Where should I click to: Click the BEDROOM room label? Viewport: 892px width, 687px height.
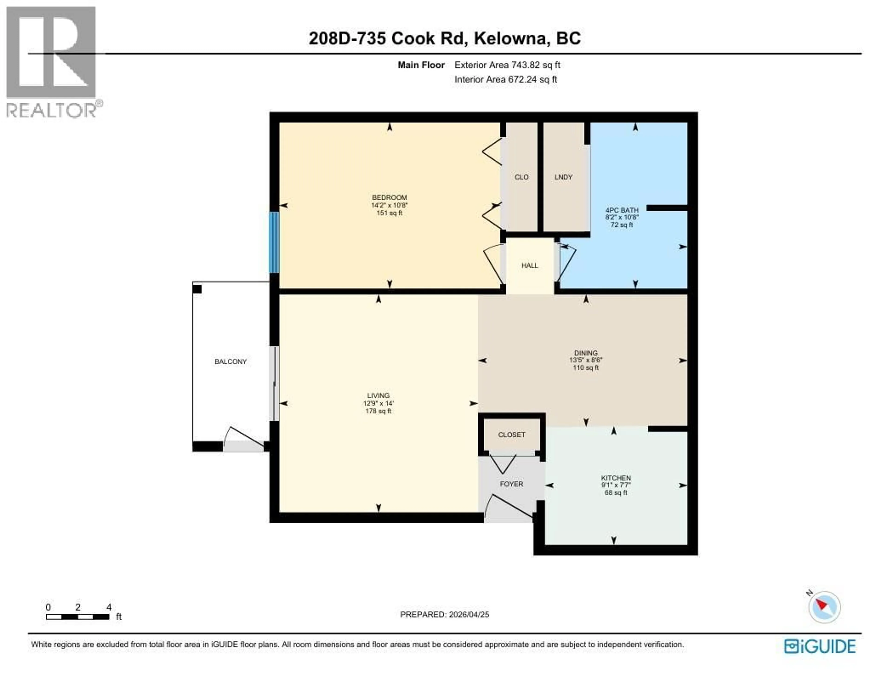(x=389, y=197)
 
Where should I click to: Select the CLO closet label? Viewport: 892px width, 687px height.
(x=521, y=177)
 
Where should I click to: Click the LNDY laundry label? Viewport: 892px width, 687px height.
(x=563, y=177)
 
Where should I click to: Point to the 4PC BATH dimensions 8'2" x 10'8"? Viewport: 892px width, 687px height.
(x=622, y=218)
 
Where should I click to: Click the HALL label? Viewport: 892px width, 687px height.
(x=529, y=265)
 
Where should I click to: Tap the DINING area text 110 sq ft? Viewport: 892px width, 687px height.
(x=586, y=368)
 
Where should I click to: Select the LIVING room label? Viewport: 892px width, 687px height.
(x=378, y=395)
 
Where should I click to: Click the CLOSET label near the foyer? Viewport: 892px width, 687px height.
(x=511, y=435)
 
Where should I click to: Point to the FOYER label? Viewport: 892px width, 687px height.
(x=511, y=484)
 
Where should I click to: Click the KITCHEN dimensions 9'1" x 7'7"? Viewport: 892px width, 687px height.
(x=616, y=485)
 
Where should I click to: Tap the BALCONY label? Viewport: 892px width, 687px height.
(x=230, y=361)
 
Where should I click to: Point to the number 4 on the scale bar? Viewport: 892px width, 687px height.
(x=109, y=607)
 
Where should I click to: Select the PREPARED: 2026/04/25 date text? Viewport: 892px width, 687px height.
(x=444, y=614)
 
